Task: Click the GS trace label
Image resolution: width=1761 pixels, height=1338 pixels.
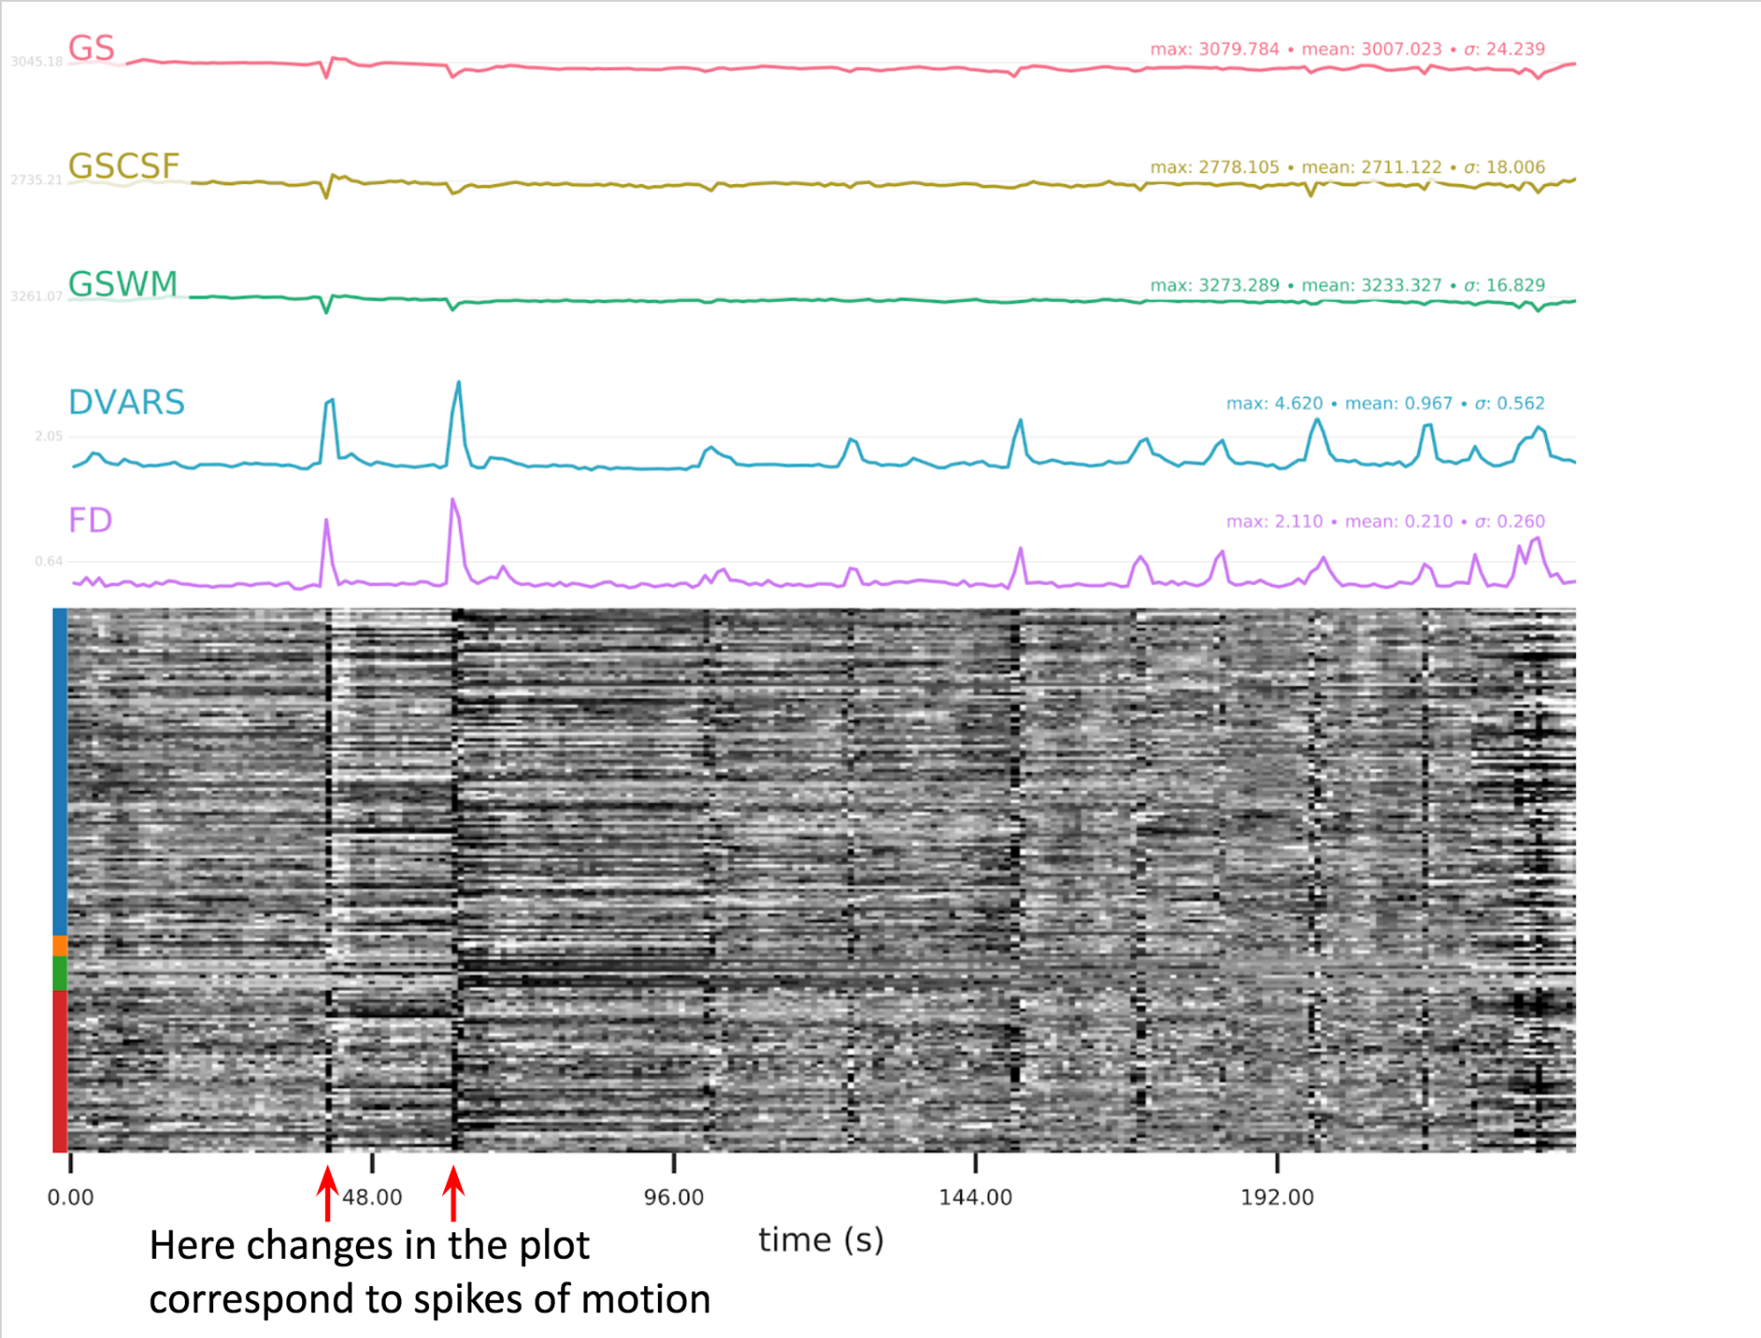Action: click(x=92, y=48)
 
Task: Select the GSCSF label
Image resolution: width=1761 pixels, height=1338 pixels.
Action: click(x=123, y=166)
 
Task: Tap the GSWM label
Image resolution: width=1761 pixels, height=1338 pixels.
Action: click(x=123, y=284)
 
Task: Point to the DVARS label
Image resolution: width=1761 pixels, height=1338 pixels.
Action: click(x=127, y=403)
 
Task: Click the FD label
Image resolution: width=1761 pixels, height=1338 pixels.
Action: click(x=91, y=520)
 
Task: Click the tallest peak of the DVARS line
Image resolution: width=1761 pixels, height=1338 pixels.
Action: click(x=458, y=383)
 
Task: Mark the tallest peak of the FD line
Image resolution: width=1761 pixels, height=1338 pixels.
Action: click(x=453, y=500)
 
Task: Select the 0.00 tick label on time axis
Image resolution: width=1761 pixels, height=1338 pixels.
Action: click(x=70, y=1197)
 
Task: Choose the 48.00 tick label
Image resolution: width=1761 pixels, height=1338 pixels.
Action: click(x=372, y=1197)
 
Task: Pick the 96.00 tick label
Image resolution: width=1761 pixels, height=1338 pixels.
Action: click(x=674, y=1197)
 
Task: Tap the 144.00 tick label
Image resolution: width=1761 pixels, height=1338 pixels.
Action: click(x=975, y=1197)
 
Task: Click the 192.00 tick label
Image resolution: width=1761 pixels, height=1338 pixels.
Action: click(x=1276, y=1197)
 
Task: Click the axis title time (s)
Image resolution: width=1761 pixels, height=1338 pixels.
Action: click(x=820, y=1240)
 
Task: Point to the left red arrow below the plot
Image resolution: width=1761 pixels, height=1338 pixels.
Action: click(x=328, y=1193)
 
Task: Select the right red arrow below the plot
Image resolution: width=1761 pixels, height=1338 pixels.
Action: click(x=454, y=1193)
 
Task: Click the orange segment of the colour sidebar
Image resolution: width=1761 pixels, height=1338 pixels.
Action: click(x=60, y=945)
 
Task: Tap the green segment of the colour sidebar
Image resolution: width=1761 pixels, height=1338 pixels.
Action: click(x=60, y=972)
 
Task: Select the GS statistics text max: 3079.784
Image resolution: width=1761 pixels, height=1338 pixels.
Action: click(x=1214, y=49)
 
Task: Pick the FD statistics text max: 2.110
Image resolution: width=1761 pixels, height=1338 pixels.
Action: click(x=1274, y=521)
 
